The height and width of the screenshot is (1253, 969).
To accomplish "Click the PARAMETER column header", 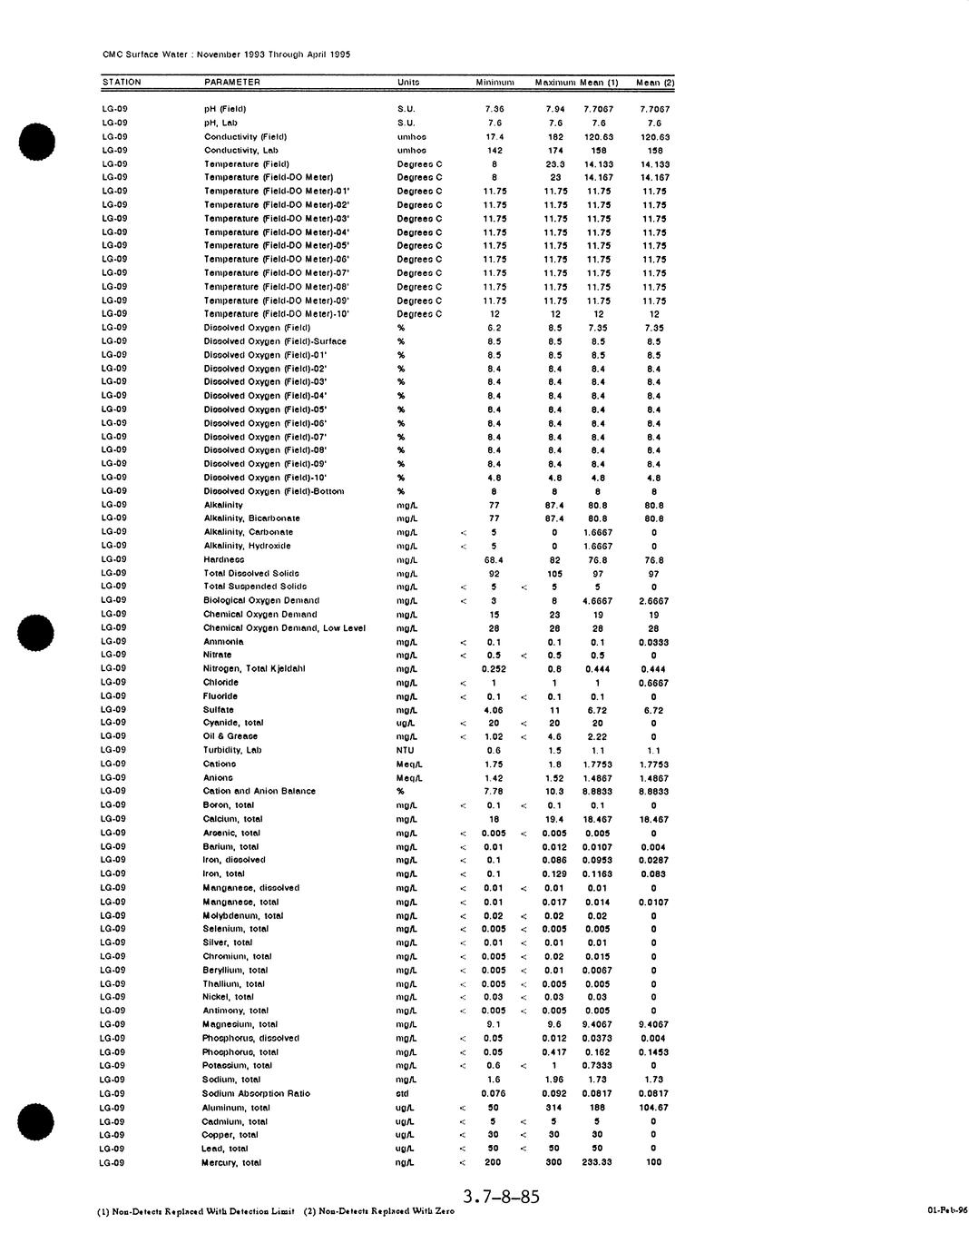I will click(232, 83).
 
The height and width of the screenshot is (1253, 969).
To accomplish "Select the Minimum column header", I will click(494, 83).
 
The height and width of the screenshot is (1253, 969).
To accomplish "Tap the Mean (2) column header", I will click(655, 83).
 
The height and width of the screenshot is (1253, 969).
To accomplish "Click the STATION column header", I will click(122, 83).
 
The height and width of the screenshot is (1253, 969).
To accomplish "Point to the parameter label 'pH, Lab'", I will click(220, 123).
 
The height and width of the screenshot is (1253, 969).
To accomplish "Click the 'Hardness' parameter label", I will click(224, 560).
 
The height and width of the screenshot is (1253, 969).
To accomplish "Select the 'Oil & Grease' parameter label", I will click(230, 736).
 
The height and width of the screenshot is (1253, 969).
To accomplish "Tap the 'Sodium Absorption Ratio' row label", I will click(256, 1093).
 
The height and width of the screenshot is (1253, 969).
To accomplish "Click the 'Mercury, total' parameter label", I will click(231, 1162).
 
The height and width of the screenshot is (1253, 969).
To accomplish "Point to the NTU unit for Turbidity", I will click(405, 750).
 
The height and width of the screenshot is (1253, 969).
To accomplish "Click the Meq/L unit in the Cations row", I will click(409, 764).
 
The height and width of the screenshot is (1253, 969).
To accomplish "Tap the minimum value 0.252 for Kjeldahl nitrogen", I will click(494, 668).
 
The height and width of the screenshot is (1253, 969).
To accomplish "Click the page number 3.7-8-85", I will click(501, 1197).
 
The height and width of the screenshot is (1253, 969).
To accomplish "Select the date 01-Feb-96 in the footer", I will click(945, 1210).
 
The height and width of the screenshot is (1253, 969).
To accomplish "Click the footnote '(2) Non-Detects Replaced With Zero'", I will click(379, 1211).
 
